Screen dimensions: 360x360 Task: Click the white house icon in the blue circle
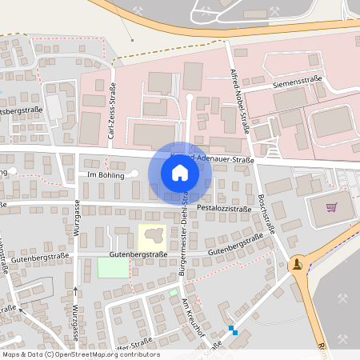click(179, 173)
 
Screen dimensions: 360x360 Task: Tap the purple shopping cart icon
click(331, 207)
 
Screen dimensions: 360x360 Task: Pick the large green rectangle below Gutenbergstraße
click(112, 268)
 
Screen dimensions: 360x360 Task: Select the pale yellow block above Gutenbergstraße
click(152, 237)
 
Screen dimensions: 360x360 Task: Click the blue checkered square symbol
click(233, 330)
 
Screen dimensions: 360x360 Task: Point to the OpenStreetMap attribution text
click(80, 354)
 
